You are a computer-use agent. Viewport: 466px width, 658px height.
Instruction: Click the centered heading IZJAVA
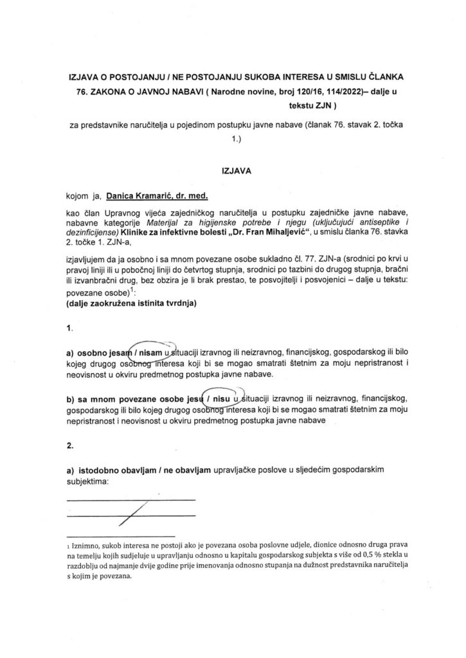[233, 172]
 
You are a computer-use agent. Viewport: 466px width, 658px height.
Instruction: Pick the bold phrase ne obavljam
[188, 470]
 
